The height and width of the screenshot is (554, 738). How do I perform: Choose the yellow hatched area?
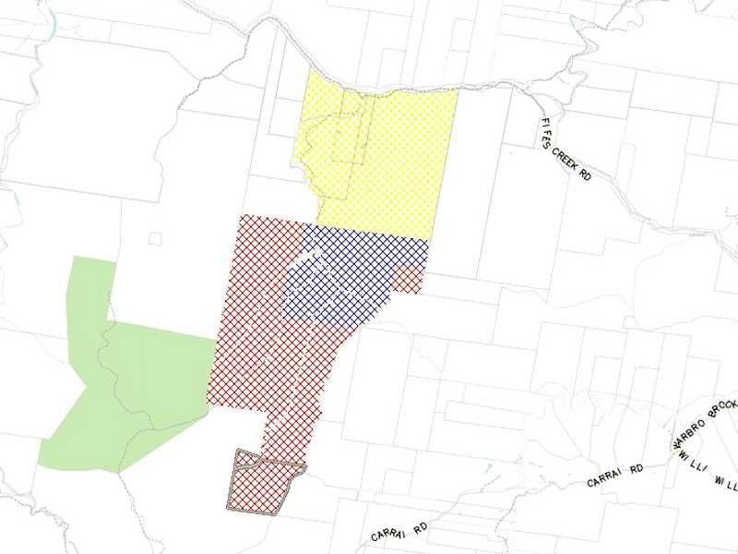point(387,157)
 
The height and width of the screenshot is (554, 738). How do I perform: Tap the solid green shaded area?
point(120,369)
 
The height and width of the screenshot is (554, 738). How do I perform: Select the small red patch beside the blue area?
point(409,280)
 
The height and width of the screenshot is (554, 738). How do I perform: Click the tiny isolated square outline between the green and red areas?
point(155,238)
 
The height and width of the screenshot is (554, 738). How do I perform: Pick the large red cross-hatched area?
point(268,360)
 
